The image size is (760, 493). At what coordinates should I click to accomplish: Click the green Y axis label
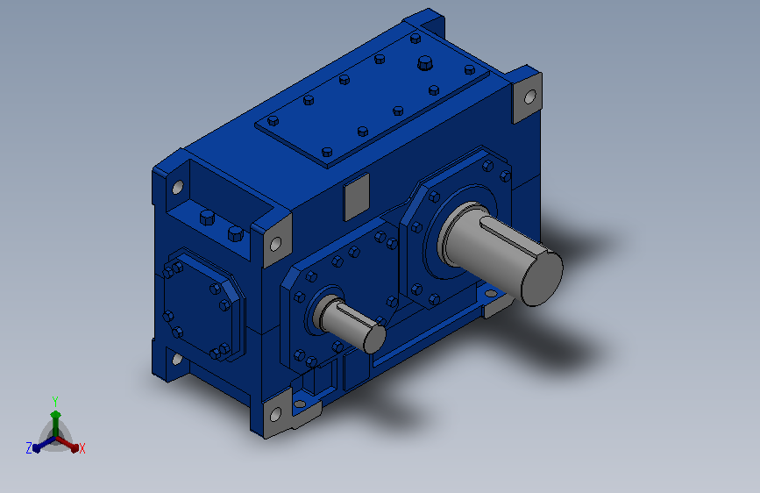click(x=55, y=401)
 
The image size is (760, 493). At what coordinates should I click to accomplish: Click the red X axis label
click(x=82, y=448)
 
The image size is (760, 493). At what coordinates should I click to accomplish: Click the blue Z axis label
click(x=29, y=448)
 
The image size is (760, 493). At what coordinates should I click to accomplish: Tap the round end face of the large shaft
click(x=542, y=277)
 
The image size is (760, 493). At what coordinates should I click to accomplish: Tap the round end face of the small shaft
click(x=374, y=339)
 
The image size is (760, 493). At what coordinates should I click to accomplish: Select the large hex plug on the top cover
click(x=425, y=62)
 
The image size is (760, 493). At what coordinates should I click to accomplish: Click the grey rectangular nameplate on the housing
click(x=356, y=196)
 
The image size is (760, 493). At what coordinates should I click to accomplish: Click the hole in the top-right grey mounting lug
click(x=530, y=97)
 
